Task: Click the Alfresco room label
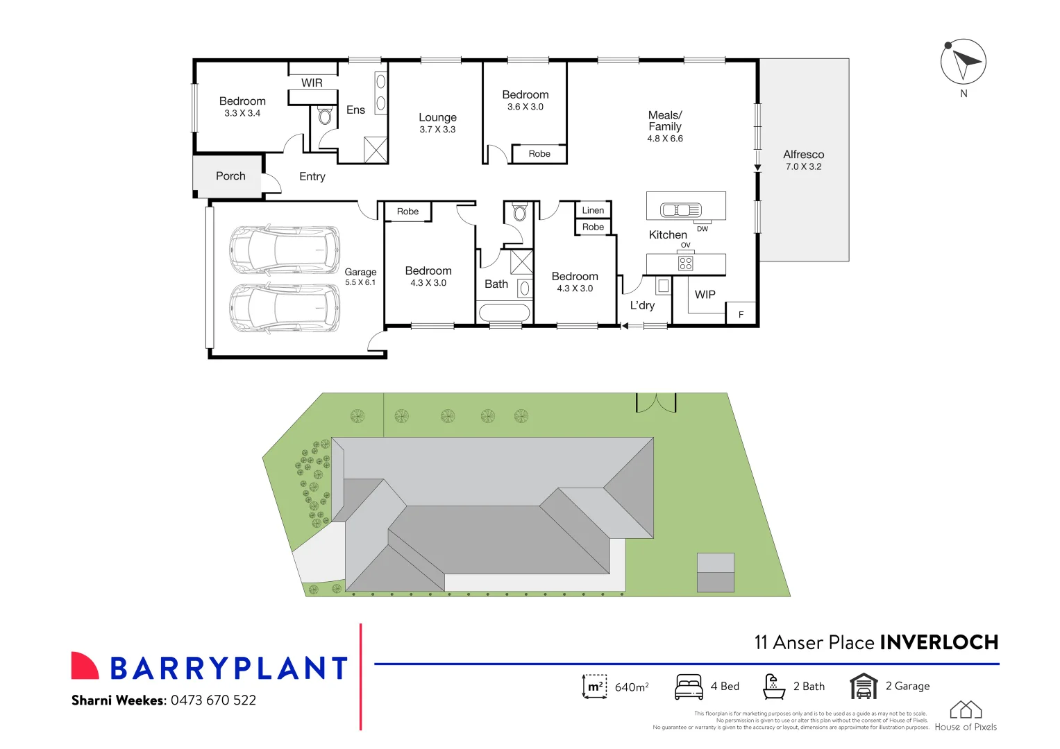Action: (803, 155)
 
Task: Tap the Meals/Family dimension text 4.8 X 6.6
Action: (665, 139)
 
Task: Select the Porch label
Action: (230, 176)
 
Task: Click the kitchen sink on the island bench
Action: (680, 209)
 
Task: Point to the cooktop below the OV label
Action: (686, 264)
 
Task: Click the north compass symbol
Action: (963, 62)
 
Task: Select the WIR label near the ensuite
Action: (312, 83)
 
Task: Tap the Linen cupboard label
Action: (593, 210)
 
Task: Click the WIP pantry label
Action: (705, 295)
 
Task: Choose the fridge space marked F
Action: (741, 314)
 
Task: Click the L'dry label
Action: (642, 305)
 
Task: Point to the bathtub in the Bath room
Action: (504, 312)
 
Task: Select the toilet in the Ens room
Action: (325, 116)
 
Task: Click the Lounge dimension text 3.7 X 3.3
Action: (437, 130)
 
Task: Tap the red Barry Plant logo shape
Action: (84, 665)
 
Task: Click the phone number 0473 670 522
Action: (213, 700)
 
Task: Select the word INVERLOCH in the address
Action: (939, 642)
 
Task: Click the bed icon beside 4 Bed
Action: (689, 687)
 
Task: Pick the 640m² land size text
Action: (631, 687)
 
